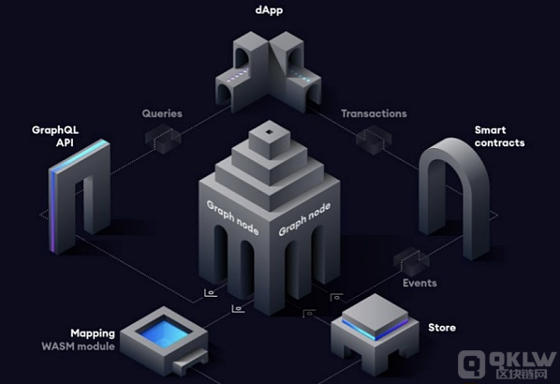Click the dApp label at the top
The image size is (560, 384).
tap(269, 10)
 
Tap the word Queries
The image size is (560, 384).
tap(162, 113)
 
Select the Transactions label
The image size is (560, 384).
tap(374, 113)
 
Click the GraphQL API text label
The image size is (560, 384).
tap(55, 136)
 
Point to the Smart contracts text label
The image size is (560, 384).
tap(500, 137)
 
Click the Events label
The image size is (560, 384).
tap(420, 283)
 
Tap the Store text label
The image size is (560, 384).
tap(442, 328)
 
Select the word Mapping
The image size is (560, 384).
tap(93, 333)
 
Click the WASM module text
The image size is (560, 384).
tap(79, 347)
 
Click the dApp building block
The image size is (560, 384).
tap(269, 71)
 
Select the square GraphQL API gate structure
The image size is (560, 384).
tap(80, 197)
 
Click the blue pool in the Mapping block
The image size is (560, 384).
tap(164, 332)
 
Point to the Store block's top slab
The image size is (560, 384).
tap(375, 318)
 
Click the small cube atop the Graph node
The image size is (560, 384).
tap(270, 140)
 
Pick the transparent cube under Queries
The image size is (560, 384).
tap(163, 139)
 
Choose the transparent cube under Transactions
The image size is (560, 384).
tap(374, 140)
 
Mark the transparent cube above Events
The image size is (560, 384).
tap(411, 261)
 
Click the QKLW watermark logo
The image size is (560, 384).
tap(508, 364)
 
